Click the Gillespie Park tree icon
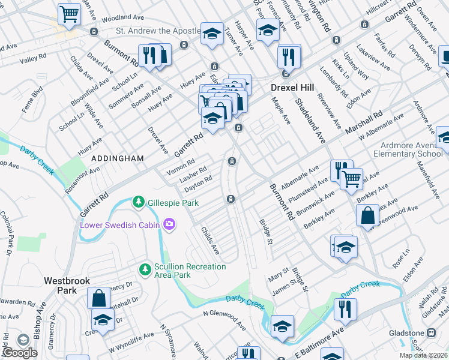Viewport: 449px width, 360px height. coord(139,202)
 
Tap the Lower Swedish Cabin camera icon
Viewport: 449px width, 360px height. coord(170,224)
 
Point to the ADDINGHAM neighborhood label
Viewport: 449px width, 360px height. coord(118,158)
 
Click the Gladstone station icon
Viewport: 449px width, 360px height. coord(430,333)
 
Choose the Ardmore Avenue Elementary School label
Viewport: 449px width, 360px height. coord(414,149)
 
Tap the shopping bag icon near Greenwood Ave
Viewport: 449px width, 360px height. coord(366,215)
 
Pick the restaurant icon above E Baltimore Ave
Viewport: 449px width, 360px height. coord(345,308)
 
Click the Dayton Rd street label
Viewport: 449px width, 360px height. coord(198,183)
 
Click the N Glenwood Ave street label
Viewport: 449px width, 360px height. coord(224,319)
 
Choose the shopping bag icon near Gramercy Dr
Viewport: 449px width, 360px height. coord(98,298)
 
